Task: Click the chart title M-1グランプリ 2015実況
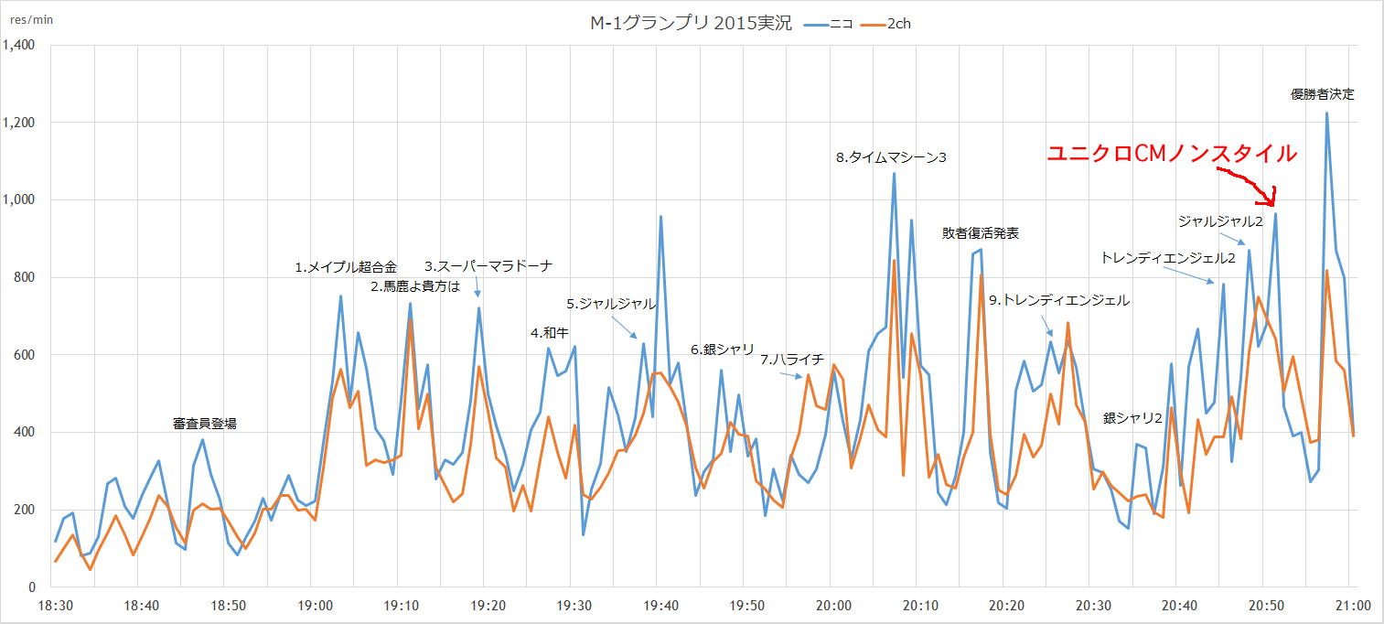691,24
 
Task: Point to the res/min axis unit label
31,19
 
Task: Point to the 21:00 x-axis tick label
1353,606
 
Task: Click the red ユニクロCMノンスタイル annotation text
1172,154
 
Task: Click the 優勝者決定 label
1322,94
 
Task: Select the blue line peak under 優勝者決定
1326,113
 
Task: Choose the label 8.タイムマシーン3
891,157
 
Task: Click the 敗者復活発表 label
981,233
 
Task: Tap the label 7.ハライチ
791,360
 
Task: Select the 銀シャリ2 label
1132,418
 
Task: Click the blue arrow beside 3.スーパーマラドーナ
477,288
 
